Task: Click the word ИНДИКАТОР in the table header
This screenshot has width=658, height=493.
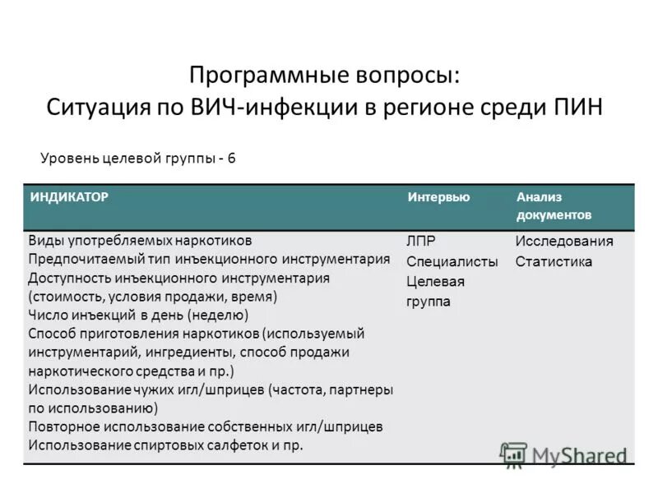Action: pyautogui.click(x=70, y=198)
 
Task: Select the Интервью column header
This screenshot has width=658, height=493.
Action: pyautogui.click(x=438, y=198)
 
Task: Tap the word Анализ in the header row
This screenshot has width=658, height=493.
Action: pyautogui.click(x=540, y=198)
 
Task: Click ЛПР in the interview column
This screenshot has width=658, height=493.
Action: pyautogui.click(x=421, y=242)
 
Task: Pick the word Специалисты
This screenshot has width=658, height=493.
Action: pyautogui.click(x=452, y=262)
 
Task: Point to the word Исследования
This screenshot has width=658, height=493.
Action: pyautogui.click(x=564, y=242)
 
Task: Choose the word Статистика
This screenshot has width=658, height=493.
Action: pyautogui.click(x=554, y=262)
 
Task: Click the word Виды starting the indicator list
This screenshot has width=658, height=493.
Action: pyautogui.click(x=44, y=240)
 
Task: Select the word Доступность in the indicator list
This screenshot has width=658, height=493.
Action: pyautogui.click(x=69, y=278)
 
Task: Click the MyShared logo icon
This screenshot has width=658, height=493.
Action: pyautogui.click(x=513, y=454)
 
